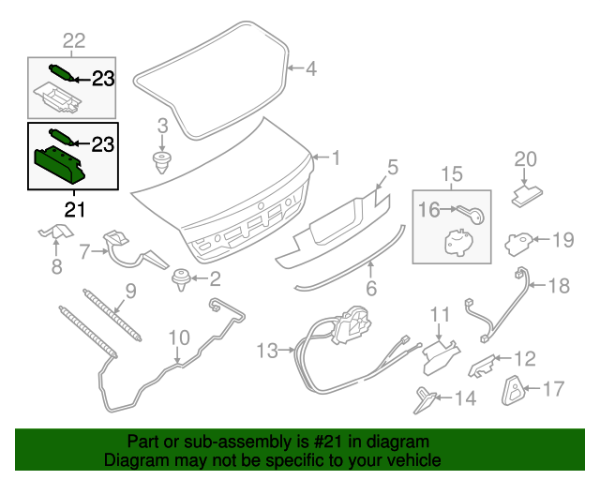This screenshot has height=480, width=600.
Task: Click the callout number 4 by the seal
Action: tap(310, 68)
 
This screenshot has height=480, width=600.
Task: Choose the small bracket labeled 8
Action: tap(55, 232)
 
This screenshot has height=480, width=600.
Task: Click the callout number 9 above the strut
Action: tap(130, 292)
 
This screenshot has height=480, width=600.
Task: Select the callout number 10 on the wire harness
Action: tap(178, 337)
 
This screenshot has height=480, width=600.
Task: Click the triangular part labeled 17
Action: tap(513, 387)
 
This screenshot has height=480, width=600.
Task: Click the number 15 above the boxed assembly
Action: tap(452, 173)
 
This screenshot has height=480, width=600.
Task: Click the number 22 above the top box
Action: tap(73, 39)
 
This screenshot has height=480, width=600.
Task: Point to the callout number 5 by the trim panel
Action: tap(393, 167)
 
